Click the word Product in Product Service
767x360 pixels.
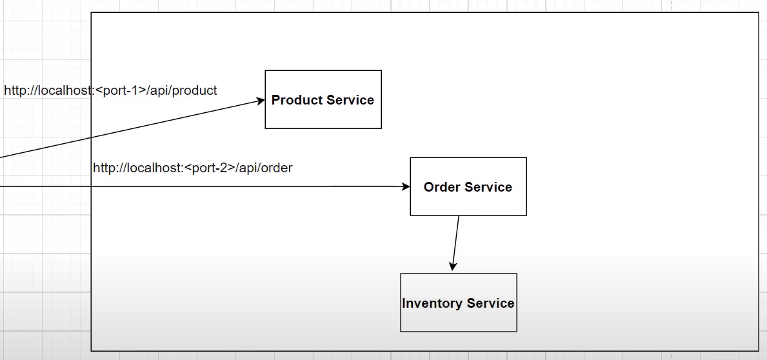(295, 100)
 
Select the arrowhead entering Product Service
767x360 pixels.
(261, 100)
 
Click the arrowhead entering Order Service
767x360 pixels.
(406, 186)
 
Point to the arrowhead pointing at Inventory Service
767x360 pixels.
(453, 266)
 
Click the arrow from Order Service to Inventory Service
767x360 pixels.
(456, 242)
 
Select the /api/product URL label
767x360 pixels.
(110, 90)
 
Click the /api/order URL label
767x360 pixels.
(192, 168)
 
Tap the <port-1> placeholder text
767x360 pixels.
(121, 90)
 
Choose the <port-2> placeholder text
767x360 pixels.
(210, 168)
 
